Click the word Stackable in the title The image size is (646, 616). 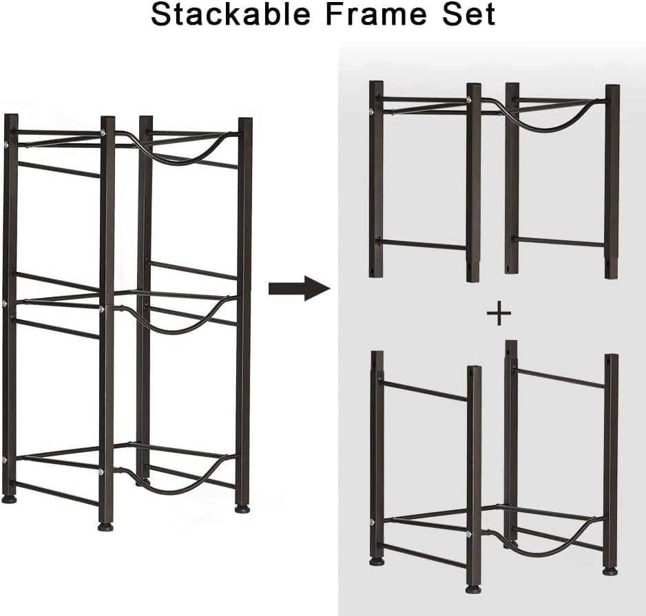(x=231, y=15)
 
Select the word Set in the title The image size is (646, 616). (x=467, y=15)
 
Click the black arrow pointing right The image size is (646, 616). (x=300, y=288)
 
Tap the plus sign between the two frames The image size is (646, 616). (x=499, y=313)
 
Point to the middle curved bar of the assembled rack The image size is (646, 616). (x=181, y=328)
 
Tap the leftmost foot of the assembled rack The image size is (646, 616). (x=9, y=499)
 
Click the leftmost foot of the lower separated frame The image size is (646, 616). (x=377, y=561)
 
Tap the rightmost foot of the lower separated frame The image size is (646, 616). (x=610, y=571)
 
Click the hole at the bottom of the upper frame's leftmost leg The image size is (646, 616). (x=373, y=272)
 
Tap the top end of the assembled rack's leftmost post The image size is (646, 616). (x=11, y=116)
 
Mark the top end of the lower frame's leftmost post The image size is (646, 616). (x=377, y=352)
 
